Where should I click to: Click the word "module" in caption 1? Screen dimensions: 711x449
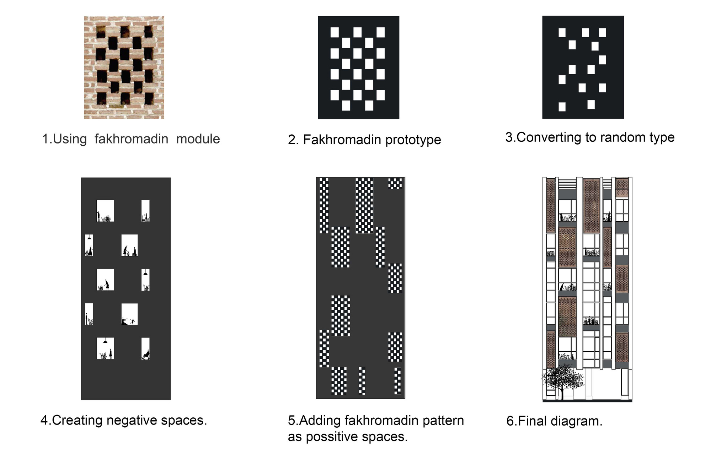coord(198,139)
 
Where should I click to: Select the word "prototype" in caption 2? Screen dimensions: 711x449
coord(413,140)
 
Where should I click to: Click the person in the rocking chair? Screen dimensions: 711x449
coord(146,355)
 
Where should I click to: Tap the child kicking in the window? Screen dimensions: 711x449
coord(133,321)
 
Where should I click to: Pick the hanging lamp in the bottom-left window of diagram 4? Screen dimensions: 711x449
coord(105,341)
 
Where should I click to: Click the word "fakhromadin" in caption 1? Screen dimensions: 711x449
coord(131,139)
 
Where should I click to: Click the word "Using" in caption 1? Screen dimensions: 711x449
coord(70,139)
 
